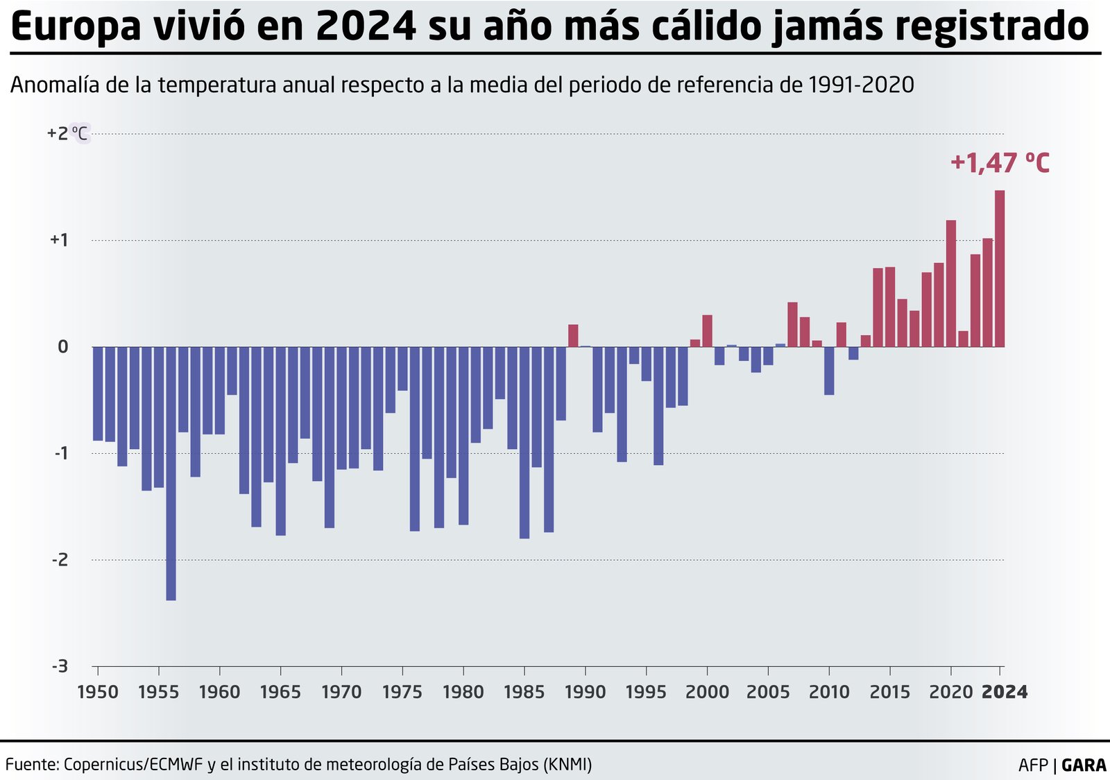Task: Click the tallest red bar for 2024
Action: pyautogui.click(x=1000, y=269)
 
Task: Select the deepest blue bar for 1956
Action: pyautogui.click(x=171, y=473)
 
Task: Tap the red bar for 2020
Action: pyautogui.click(x=951, y=283)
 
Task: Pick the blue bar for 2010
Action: pyautogui.click(x=829, y=371)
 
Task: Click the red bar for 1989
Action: pyautogui.click(x=573, y=336)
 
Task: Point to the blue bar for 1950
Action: pyautogui.click(x=98, y=393)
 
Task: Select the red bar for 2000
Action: pyautogui.click(x=707, y=331)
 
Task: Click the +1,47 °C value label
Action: pyautogui.click(x=1000, y=164)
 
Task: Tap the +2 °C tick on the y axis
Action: pyautogui.click(x=67, y=133)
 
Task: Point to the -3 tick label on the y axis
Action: pyautogui.click(x=60, y=666)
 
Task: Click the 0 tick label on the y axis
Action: pyautogui.click(x=62, y=347)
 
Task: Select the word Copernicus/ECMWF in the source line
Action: pyautogui.click(x=133, y=765)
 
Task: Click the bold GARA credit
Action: pyautogui.click(x=1084, y=765)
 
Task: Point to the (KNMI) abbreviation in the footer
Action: pyautogui.click(x=567, y=765)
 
